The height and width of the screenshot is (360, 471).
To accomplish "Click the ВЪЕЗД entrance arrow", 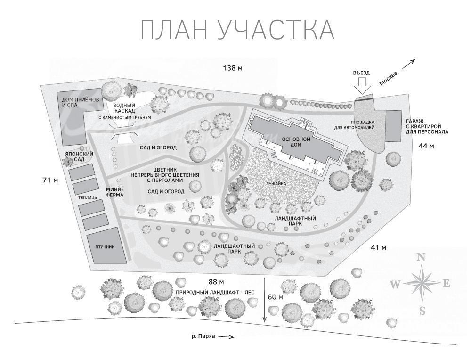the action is click(x=362, y=85).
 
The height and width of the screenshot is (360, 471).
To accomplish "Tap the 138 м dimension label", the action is click(x=233, y=68).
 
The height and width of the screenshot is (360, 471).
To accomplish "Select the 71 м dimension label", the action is click(x=50, y=180).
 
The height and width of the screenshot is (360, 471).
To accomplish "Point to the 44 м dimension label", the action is click(x=426, y=146).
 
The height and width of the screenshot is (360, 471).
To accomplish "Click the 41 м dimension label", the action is click(x=378, y=247).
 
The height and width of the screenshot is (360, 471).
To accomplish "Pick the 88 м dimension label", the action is click(x=216, y=282).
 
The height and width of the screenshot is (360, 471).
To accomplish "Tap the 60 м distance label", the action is click(x=276, y=297).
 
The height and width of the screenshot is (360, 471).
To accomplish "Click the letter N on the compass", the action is click(x=422, y=257).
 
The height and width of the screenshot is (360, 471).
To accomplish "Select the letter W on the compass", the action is click(x=395, y=284).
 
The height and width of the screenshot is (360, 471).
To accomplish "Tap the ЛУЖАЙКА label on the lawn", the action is click(x=276, y=184).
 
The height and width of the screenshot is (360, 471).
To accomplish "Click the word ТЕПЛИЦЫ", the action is click(x=88, y=197).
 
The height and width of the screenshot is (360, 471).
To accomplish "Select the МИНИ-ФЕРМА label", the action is click(x=115, y=192).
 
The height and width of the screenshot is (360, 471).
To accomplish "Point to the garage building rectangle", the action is click(x=393, y=126).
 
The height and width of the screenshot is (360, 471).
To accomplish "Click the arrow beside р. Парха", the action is click(x=226, y=337).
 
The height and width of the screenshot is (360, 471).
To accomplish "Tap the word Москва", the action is click(x=388, y=78).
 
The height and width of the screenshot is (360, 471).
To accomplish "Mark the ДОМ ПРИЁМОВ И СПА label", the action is click(x=76, y=102).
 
